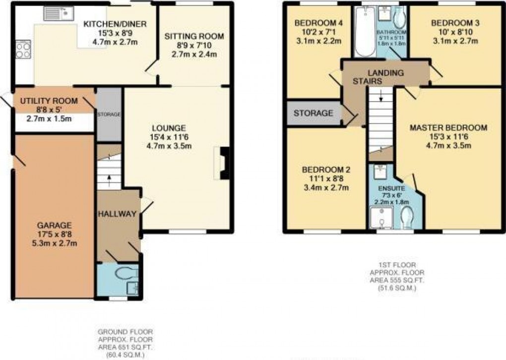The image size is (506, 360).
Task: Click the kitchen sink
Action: point(59,14)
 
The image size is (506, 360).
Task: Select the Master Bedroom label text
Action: point(448,128)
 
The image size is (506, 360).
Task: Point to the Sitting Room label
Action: point(194,36)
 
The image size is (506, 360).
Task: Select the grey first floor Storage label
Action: point(313,113)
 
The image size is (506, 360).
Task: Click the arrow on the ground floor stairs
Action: point(110,177)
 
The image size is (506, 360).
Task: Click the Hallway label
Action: point(117,214)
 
